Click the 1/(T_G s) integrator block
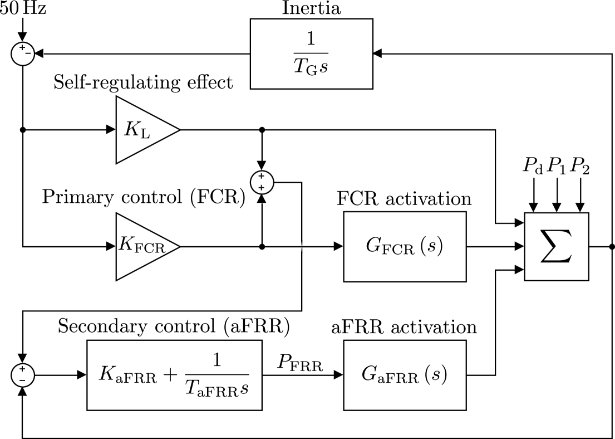coord(311,53)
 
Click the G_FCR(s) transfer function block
coord(405,246)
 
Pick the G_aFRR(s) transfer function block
coord(405,375)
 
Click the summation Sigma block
coord(556,246)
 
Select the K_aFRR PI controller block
coord(174,375)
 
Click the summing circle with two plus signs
coord(262,182)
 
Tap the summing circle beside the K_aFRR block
coord(22,374)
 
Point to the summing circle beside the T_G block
coord(22,54)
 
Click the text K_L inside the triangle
coord(136,130)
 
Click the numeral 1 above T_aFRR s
coord(216,361)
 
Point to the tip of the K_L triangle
coord(177,130)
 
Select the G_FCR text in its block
coord(390,246)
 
